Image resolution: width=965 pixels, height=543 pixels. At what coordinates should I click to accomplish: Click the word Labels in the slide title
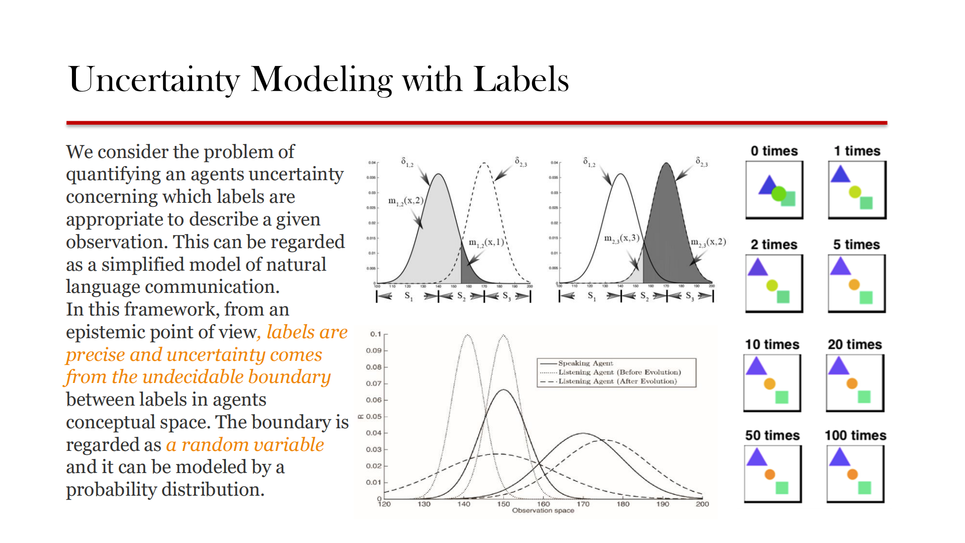(x=521, y=80)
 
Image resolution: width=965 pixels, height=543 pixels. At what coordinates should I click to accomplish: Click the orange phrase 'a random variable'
(x=245, y=445)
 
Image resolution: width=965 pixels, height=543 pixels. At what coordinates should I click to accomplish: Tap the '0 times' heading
(x=774, y=151)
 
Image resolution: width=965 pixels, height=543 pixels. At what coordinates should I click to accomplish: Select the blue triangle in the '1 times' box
(x=840, y=175)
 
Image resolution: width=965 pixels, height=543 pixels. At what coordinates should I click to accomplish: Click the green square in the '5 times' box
(x=866, y=297)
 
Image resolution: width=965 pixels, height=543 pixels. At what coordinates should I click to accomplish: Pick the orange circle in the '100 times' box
(x=852, y=474)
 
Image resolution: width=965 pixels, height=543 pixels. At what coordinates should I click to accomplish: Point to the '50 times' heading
(x=772, y=435)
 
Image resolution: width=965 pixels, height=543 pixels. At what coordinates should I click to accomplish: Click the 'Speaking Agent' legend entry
(x=585, y=363)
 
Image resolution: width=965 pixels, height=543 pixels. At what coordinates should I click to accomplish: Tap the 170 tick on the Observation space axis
(x=583, y=504)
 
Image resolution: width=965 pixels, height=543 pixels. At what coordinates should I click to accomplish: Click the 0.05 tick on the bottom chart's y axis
(x=374, y=417)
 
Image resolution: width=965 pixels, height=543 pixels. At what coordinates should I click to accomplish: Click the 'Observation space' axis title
(x=543, y=511)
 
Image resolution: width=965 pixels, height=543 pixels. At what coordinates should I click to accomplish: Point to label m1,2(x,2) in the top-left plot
(x=405, y=201)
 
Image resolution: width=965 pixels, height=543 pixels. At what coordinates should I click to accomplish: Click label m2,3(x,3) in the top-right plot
(x=622, y=238)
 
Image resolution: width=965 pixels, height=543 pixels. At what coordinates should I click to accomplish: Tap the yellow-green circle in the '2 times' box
(x=772, y=285)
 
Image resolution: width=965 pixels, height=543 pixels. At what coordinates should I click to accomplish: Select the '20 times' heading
(x=855, y=345)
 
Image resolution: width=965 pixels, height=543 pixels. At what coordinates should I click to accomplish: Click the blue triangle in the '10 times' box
(x=756, y=367)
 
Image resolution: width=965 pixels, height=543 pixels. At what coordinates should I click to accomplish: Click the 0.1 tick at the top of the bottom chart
(x=375, y=334)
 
